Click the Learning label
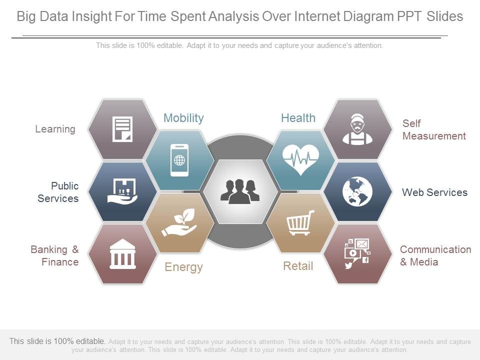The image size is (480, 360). [x=55, y=129]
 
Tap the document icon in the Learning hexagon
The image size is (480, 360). [x=122, y=129]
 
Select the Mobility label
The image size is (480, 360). [x=183, y=118]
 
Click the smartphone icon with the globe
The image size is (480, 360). [x=179, y=160]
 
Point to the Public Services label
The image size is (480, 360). [x=58, y=192]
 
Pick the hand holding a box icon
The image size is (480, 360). [x=122, y=191]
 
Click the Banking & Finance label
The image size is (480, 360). [x=54, y=255]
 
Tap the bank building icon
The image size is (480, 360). [x=122, y=253]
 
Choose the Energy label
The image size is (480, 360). [x=183, y=267]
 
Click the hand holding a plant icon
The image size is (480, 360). [x=179, y=223]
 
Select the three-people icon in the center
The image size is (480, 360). [x=240, y=191]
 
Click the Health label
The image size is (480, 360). [x=298, y=118]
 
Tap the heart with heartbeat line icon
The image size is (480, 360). [x=300, y=159]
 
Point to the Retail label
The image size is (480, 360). [x=298, y=266]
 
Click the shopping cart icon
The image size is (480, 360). [x=300, y=223]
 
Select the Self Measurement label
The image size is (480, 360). [x=434, y=129]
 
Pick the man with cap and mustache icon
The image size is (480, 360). [x=357, y=129]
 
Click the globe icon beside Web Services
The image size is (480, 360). [x=357, y=191]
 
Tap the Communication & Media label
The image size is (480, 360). [x=435, y=255]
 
